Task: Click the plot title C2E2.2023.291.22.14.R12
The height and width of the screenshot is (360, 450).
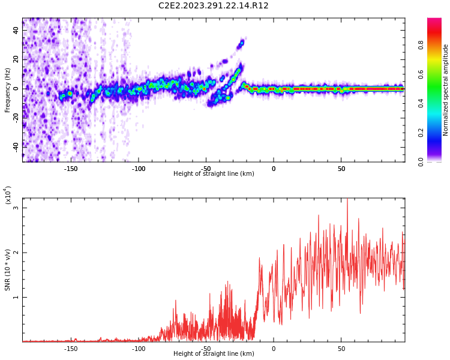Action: point(213,6)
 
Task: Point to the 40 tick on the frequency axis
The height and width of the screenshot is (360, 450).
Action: point(16,29)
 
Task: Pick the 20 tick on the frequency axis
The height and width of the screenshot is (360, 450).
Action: point(16,59)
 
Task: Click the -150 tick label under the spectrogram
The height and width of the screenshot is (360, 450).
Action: point(71,169)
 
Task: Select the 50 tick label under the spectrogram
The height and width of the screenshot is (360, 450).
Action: point(341,169)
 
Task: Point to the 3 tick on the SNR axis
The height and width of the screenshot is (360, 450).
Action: point(16,208)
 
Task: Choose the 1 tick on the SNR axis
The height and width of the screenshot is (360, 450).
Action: point(16,297)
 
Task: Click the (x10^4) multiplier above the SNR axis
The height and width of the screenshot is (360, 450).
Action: point(8,195)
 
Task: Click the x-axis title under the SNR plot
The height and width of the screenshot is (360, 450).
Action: point(214,354)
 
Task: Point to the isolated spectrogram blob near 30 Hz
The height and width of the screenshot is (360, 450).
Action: point(241,43)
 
